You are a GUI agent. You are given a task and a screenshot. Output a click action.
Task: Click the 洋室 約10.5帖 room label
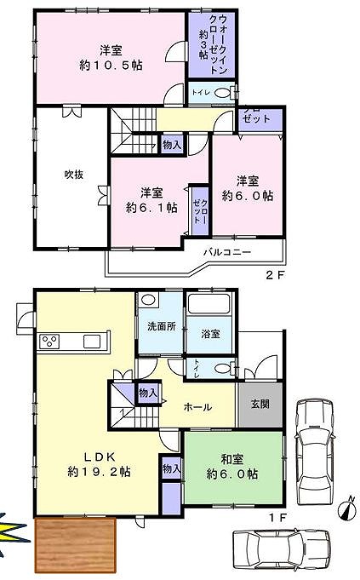click(111, 58)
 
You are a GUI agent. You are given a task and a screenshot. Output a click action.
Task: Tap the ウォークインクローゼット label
click(214, 44)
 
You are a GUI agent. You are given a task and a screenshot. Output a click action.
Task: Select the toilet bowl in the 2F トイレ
click(222, 93)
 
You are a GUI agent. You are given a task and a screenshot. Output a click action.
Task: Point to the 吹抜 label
click(74, 175)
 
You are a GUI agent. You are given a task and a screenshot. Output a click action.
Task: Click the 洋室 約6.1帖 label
click(151, 200)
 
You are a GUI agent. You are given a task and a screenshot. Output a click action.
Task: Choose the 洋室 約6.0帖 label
click(248, 188)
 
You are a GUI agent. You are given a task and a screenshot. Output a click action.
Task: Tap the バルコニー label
click(227, 253)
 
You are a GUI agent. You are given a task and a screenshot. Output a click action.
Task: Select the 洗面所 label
click(162, 326)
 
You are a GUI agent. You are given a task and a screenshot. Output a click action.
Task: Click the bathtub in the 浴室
click(209, 303)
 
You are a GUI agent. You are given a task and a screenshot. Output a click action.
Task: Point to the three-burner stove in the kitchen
click(49, 341)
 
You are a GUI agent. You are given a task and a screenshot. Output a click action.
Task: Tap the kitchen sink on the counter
click(92, 341)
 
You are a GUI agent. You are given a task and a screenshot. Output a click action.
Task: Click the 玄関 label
click(260, 404)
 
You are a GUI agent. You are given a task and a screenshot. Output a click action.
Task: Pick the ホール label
click(197, 407)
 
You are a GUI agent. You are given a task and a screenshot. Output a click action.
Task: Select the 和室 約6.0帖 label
click(232, 467)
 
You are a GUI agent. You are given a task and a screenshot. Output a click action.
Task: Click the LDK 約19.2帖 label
click(99, 464)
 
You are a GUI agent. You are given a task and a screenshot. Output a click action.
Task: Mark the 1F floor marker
click(277, 518)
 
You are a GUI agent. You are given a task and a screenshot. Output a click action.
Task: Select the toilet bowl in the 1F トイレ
click(222, 369)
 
